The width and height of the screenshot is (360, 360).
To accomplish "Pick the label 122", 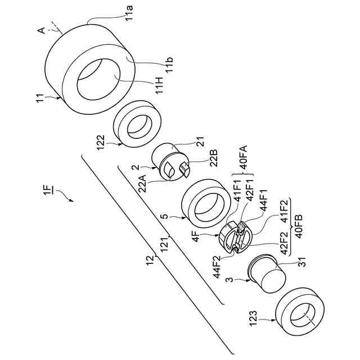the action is click(x=101, y=142).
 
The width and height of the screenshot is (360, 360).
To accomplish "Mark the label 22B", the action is click(x=213, y=158).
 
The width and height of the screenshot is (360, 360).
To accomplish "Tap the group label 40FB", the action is click(x=299, y=226).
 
